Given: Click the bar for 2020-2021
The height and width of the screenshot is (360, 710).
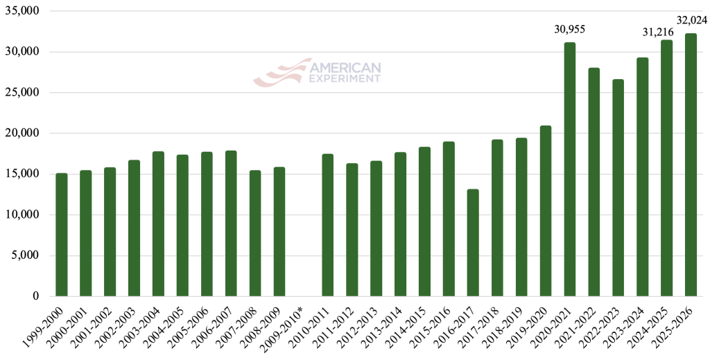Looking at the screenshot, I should pos(569,169).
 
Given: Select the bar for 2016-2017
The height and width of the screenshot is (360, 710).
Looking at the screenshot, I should pos(473,243).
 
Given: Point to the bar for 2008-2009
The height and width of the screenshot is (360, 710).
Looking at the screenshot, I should pos(279,232).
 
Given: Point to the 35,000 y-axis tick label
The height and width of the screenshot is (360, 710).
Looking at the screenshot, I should pos(23,12).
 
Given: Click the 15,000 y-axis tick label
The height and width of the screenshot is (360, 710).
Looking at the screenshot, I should pos(23,174).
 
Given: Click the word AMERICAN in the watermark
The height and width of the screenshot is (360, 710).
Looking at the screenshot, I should pos(345,67).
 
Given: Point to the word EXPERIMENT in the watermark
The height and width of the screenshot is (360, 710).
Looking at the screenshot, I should pos(345,78).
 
